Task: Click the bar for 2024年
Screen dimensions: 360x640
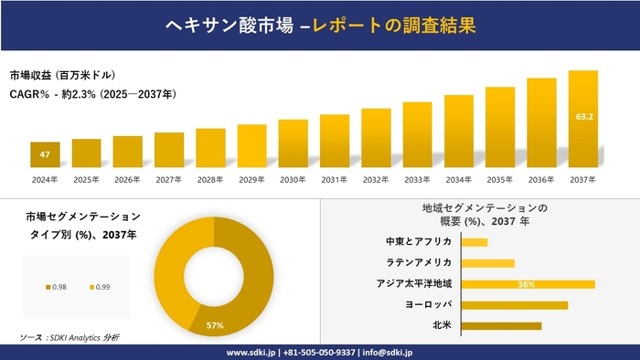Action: [x=45, y=154]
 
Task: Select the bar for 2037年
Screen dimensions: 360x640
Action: [x=582, y=119]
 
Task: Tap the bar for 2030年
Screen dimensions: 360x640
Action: [x=293, y=143]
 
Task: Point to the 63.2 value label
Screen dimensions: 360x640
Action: [x=583, y=117]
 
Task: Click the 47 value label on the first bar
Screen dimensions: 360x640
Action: [x=45, y=155]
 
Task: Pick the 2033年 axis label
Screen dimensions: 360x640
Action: [x=417, y=179]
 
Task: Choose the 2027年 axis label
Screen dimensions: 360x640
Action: [x=169, y=179]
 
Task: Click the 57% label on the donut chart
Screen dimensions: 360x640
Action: [x=215, y=325]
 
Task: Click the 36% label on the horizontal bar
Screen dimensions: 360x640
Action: [x=526, y=284]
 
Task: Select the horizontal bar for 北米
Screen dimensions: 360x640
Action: [x=501, y=325]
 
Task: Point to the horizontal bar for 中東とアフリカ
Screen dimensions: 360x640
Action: [x=475, y=242]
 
